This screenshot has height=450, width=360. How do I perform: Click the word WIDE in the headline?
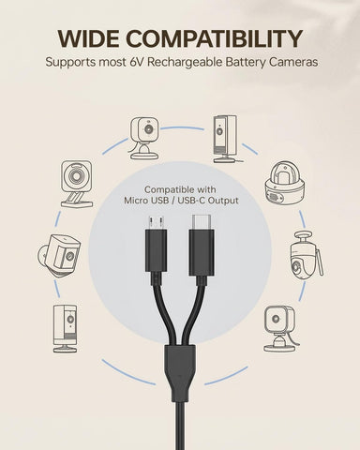pyautogui.click(x=89, y=38)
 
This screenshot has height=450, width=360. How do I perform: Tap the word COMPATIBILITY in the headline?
pyautogui.click(x=214, y=38)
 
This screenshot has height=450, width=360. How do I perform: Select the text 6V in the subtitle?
pyautogui.click(x=136, y=62)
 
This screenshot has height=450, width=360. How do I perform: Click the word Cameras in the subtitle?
pyautogui.click(x=293, y=62)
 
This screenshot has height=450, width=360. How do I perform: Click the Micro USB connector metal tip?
pyautogui.click(x=156, y=222)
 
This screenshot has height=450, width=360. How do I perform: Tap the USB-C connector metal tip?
pyautogui.click(x=202, y=222)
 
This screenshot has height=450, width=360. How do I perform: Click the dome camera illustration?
pyautogui.click(x=284, y=183)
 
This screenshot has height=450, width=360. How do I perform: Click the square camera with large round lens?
pyautogui.click(x=77, y=184)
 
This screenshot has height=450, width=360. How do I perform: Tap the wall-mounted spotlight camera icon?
pyautogui.click(x=59, y=255)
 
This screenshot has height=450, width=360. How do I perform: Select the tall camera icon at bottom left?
pyautogui.click(x=65, y=329)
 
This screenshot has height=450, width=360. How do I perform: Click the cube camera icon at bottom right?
pyautogui.click(x=280, y=329)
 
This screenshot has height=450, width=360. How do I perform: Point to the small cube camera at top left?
pyautogui.click(x=144, y=138)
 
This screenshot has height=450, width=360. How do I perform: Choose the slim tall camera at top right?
pyautogui.click(x=226, y=139)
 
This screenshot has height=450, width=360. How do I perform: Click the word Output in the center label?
pyautogui.click(x=223, y=201)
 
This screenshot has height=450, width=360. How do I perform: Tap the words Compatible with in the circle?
pyautogui.click(x=180, y=189)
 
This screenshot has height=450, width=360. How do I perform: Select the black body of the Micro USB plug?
pyautogui.click(x=156, y=250)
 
